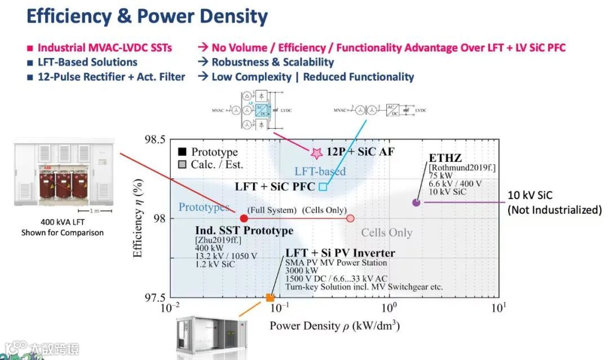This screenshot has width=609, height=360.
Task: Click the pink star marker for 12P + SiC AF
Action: (317, 152)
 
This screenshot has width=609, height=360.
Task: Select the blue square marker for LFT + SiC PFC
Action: (323, 186)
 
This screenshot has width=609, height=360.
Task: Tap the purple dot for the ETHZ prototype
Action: (416, 203)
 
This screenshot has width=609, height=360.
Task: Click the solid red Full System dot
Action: (244, 218)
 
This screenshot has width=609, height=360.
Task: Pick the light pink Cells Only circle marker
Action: (350, 218)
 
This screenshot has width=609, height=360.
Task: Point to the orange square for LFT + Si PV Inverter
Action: (270, 298)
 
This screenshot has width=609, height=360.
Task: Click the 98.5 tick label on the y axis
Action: (152, 140)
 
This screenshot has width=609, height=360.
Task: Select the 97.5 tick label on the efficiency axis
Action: (152, 298)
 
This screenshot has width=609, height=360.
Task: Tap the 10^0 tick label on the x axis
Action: (389, 308)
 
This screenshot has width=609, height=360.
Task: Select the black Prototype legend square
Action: (181, 152)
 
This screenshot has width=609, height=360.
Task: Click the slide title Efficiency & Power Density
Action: (147, 16)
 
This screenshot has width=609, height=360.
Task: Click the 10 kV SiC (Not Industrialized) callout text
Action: (554, 203)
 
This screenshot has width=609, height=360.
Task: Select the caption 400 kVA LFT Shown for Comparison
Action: (63, 227)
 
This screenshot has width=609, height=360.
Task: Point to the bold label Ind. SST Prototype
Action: (244, 231)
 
